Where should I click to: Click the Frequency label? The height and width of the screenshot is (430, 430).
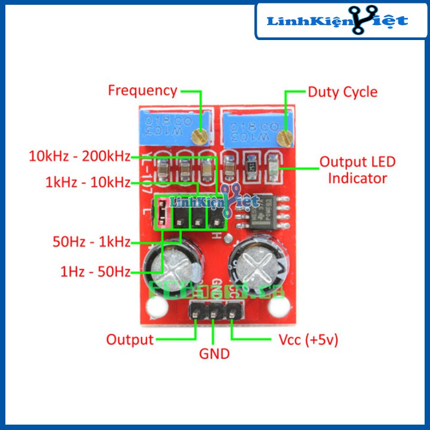(x=142, y=91)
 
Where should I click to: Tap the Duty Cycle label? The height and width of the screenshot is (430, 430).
(x=342, y=92)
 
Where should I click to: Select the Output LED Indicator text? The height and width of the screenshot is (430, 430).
(x=357, y=170)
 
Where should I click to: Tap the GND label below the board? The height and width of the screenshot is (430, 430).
(x=214, y=354)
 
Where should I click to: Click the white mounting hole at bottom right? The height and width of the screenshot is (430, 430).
(x=278, y=307)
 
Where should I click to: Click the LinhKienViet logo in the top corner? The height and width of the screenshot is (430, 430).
(x=337, y=21)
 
